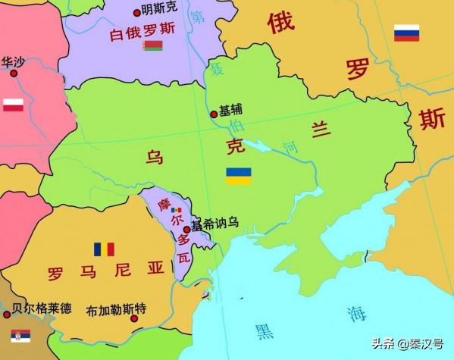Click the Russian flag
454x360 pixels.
406,33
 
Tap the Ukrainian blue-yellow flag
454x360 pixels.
239,176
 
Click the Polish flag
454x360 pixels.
13,105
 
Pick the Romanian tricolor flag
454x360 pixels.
104,249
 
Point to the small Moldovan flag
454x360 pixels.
177,210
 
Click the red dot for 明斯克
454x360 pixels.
137,12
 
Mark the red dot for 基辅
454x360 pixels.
214,114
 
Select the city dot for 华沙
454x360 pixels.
12,74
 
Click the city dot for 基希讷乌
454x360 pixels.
186,228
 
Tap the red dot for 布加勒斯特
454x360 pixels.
134,318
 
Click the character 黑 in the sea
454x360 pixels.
265,330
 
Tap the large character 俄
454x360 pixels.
280,23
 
